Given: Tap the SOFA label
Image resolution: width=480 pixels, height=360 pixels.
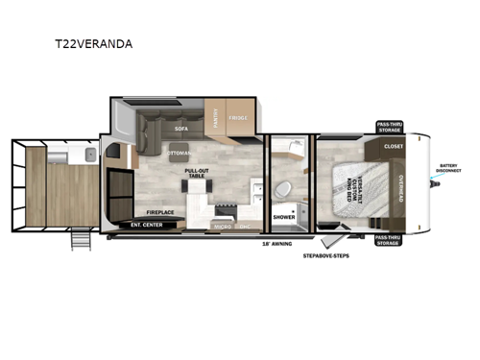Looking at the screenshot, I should click(x=178, y=127).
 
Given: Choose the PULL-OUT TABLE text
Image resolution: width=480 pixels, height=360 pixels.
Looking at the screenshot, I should click(x=197, y=174).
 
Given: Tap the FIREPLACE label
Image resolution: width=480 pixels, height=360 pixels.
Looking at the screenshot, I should click(x=159, y=210).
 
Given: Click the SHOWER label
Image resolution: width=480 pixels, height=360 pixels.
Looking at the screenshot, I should click(x=284, y=217).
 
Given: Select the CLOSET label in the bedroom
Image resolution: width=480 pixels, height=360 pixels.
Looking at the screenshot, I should click(x=394, y=147).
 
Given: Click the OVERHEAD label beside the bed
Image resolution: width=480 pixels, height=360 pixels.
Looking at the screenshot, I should click(x=400, y=188).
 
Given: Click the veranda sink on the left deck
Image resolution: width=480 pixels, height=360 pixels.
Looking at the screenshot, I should click(x=86, y=155).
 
